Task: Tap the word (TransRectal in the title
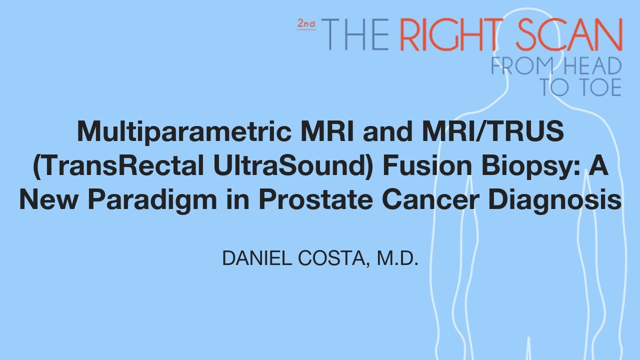coord(115,166)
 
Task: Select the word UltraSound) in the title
coord(290,166)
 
